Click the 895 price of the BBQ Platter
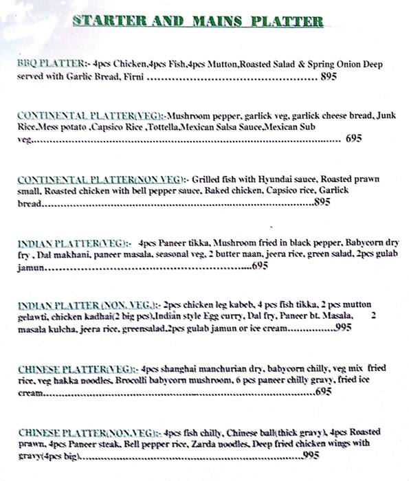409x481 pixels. coord(329,78)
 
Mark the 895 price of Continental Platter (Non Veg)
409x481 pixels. coord(322,203)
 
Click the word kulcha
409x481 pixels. coord(47,328)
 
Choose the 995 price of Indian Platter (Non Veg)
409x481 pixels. coord(344,328)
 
